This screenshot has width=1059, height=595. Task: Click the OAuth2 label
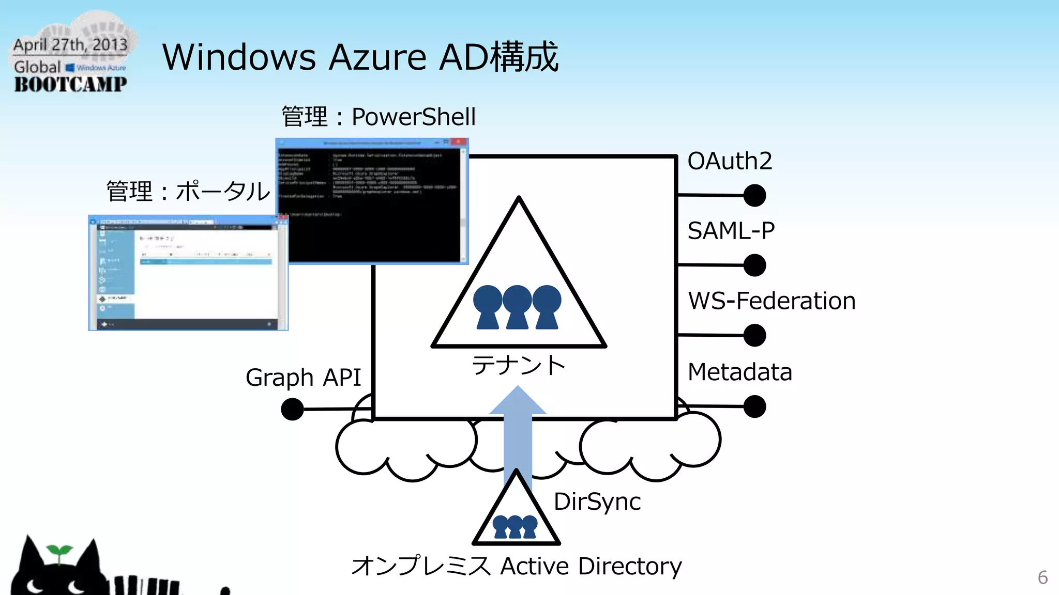[x=729, y=161]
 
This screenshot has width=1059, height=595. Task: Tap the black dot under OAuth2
[x=754, y=196]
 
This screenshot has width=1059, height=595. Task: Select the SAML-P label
[x=731, y=231]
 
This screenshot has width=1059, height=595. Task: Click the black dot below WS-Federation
[x=754, y=336]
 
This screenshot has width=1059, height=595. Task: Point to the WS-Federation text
[x=771, y=301]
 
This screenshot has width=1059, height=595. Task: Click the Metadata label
[x=739, y=372]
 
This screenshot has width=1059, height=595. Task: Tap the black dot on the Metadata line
[x=754, y=406]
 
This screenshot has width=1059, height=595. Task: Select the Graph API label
[x=303, y=378]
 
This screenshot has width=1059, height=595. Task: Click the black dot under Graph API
[x=292, y=409]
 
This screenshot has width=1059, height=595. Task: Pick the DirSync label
[x=597, y=502]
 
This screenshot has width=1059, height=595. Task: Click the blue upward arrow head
[x=518, y=401]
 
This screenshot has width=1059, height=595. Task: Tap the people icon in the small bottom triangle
[x=515, y=527]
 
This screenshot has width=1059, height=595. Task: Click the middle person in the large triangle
[x=517, y=307]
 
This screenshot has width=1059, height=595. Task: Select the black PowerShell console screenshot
[x=372, y=201]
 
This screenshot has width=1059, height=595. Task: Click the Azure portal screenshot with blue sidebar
[x=188, y=273]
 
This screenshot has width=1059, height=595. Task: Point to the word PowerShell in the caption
[x=413, y=117]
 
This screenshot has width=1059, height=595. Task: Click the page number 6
[x=1042, y=577]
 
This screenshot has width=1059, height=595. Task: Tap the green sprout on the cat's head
[x=58, y=552]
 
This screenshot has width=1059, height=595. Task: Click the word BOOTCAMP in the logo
[x=70, y=84]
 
